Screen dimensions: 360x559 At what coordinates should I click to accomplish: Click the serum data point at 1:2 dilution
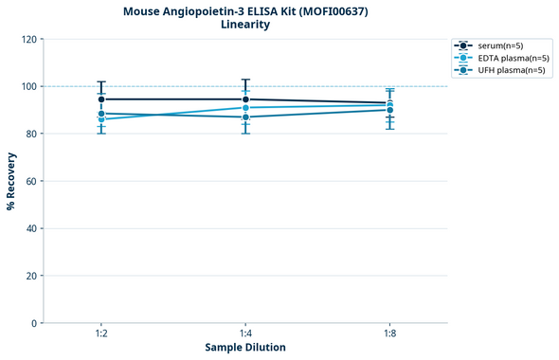point(101,99)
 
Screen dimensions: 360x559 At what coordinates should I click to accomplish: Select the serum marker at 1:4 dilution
point(245,99)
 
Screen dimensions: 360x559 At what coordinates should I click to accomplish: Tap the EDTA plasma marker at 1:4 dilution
point(245,108)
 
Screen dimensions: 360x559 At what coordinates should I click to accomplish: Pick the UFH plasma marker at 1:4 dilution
point(245,117)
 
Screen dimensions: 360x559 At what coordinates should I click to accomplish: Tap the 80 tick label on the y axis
point(31,134)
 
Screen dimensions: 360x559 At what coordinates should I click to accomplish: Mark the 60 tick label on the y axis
point(31,181)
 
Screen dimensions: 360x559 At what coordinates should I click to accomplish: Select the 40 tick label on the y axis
point(31,228)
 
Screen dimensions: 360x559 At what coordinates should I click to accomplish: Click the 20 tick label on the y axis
point(31,276)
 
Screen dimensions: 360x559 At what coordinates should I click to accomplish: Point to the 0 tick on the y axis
point(34,323)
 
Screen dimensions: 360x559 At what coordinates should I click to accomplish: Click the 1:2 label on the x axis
point(101,333)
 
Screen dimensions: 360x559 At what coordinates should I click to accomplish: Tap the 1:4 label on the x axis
point(245,333)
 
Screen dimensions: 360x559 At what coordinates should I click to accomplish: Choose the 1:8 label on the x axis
point(389,333)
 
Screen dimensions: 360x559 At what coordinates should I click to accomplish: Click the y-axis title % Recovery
point(11,181)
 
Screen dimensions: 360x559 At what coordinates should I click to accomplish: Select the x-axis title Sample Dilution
point(245,348)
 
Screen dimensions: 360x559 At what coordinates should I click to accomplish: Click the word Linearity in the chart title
point(245,25)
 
